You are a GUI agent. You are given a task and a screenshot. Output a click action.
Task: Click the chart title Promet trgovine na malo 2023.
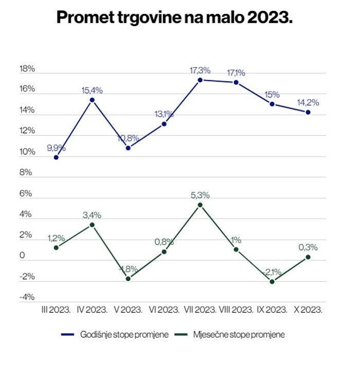click(x=174, y=16)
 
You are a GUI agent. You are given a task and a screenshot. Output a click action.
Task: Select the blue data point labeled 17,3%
click(x=200, y=80)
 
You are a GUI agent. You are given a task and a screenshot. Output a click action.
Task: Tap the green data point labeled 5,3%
click(x=200, y=205)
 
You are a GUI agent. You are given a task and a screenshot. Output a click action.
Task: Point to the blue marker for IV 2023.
click(x=92, y=100)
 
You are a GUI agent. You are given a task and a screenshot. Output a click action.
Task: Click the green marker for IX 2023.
click(x=272, y=282)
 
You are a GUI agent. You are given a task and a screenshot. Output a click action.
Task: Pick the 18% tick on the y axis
click(x=27, y=69)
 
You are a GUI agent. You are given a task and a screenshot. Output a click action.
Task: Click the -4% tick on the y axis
click(x=27, y=297)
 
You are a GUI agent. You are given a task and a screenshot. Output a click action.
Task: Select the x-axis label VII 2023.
click(x=200, y=309)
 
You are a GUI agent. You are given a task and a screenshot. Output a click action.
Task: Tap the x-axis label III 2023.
click(x=56, y=309)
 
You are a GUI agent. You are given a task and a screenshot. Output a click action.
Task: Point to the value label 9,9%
click(x=56, y=148)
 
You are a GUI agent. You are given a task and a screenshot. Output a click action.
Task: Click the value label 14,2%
click(x=308, y=102)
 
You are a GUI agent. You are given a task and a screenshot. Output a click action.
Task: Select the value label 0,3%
click(x=308, y=247)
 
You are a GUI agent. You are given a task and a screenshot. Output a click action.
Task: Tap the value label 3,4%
click(x=92, y=215)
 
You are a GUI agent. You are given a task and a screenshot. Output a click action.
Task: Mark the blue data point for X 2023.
click(x=308, y=112)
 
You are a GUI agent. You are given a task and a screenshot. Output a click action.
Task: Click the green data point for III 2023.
click(x=56, y=248)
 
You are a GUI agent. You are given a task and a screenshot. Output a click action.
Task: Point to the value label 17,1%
click(x=236, y=72)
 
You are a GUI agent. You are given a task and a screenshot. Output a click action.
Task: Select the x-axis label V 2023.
click(x=128, y=309)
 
